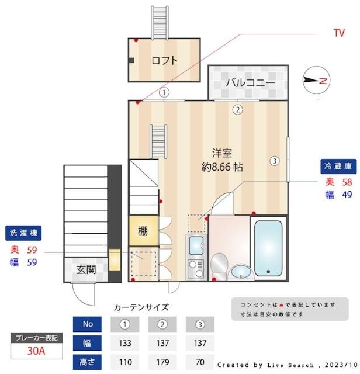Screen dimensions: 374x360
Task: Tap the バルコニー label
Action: click(250, 82)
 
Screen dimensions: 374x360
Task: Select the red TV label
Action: click(339, 33)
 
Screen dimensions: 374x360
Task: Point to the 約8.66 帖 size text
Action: click(222, 167)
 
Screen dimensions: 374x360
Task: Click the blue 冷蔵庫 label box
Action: click(337, 167)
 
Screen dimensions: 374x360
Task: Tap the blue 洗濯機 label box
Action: click(23, 233)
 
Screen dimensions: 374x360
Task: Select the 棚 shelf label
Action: click(143, 230)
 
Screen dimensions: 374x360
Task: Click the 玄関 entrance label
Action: click(85, 270)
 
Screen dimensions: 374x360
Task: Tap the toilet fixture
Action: click(220, 264)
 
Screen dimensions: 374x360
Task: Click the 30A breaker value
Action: click(36, 351)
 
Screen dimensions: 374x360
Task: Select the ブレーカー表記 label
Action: click(36, 338)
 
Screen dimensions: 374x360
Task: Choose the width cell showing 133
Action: click(124, 343)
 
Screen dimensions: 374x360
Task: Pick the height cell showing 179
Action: click(162, 362)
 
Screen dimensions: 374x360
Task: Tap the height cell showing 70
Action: click(200, 362)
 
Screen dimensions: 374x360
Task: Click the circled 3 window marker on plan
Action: click(274, 161)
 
